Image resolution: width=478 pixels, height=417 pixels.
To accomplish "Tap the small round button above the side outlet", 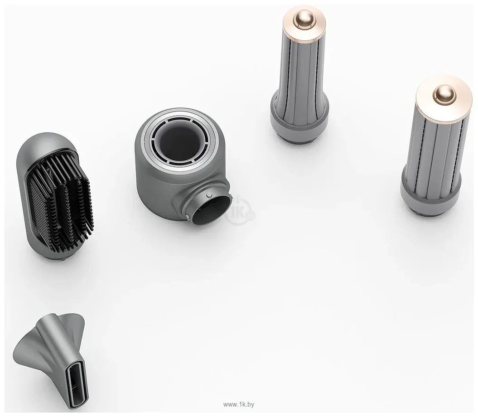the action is (x=209, y=195).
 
